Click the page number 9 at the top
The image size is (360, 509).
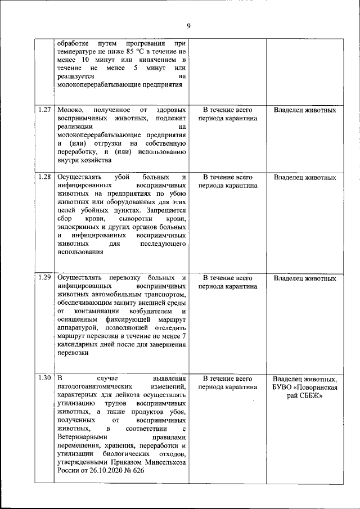point(188,25)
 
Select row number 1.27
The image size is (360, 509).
point(46,110)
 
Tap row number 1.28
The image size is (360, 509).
point(46,177)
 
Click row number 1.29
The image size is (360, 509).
point(46,278)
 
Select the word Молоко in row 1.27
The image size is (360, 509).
point(70,110)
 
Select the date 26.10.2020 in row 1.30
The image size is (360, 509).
point(101,471)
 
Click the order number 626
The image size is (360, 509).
point(137,471)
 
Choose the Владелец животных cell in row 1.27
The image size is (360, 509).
point(305,110)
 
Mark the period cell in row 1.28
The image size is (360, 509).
point(227,181)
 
